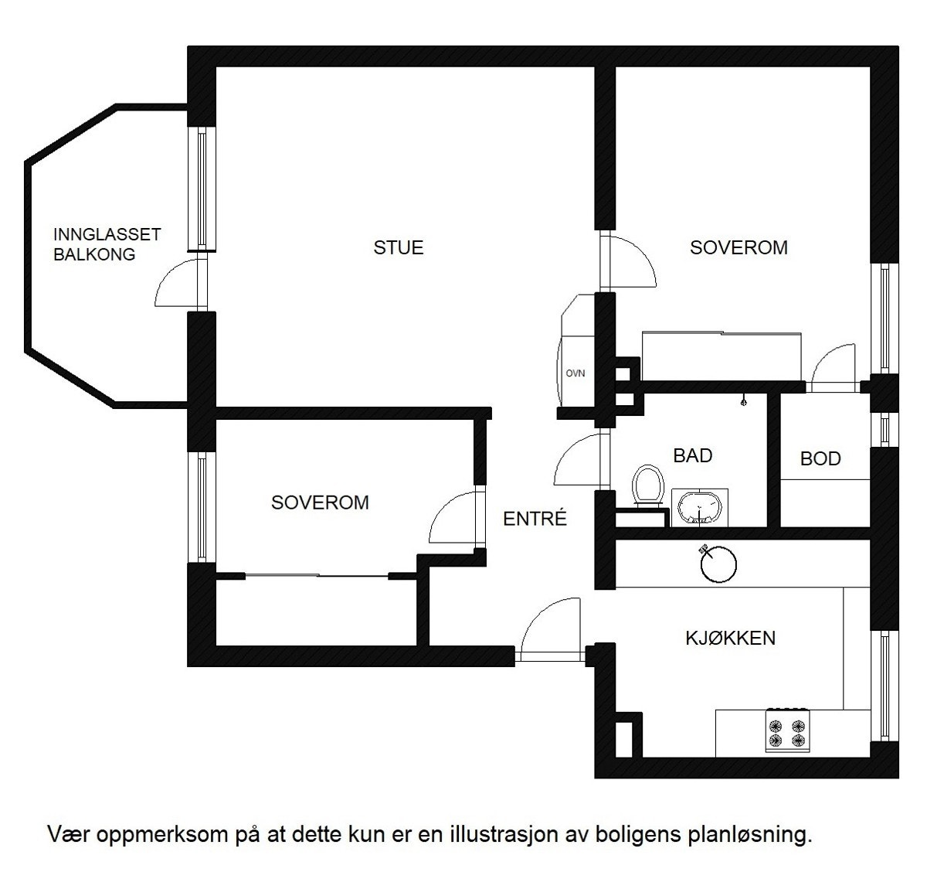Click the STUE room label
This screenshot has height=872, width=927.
[x=399, y=247]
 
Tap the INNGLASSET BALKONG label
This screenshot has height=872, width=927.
[x=107, y=244]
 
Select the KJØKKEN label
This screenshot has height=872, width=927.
[x=730, y=638]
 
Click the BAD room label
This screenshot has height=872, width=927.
[x=692, y=455]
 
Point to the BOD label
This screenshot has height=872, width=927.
[x=820, y=458]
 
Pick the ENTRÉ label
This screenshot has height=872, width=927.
[x=535, y=518]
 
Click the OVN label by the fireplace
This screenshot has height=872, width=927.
[x=575, y=373]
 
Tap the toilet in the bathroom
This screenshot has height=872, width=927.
[x=647, y=485]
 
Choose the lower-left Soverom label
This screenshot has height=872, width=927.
[x=320, y=502]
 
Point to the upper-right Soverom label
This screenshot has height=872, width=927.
[x=739, y=247]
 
